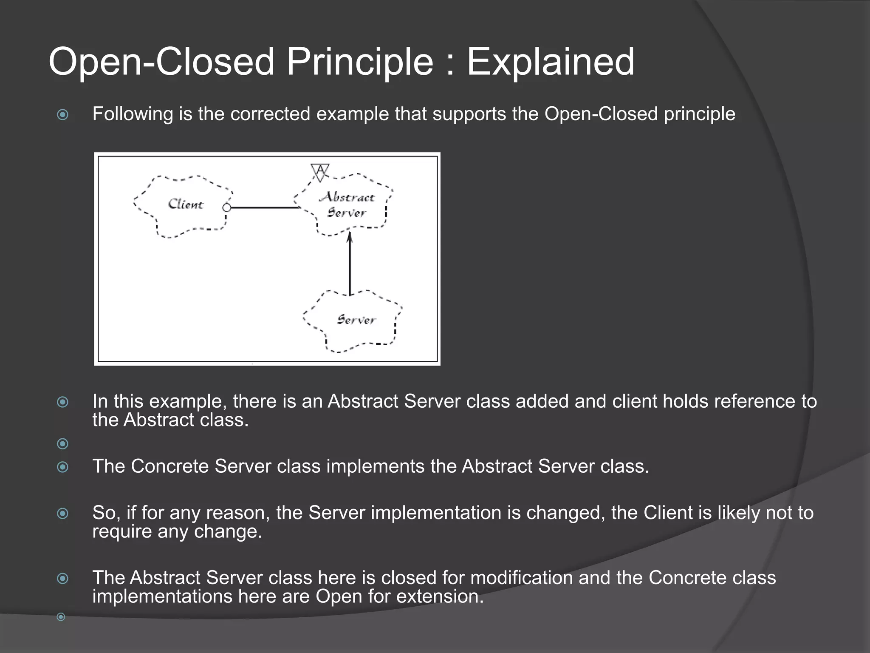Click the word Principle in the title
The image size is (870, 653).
(x=360, y=62)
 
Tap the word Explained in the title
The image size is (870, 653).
(x=551, y=62)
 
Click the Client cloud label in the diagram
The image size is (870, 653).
(x=186, y=204)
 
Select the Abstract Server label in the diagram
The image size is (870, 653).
(x=347, y=205)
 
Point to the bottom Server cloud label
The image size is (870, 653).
(x=356, y=320)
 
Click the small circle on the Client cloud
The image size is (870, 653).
(x=227, y=207)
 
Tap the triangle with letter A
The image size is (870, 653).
(x=320, y=172)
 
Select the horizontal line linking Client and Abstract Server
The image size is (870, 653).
(x=263, y=207)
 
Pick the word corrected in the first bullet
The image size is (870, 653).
(x=270, y=114)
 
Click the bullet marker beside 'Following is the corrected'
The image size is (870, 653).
(x=62, y=115)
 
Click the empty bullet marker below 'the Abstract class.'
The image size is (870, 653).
(x=62, y=444)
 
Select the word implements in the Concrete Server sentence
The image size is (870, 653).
(x=375, y=466)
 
